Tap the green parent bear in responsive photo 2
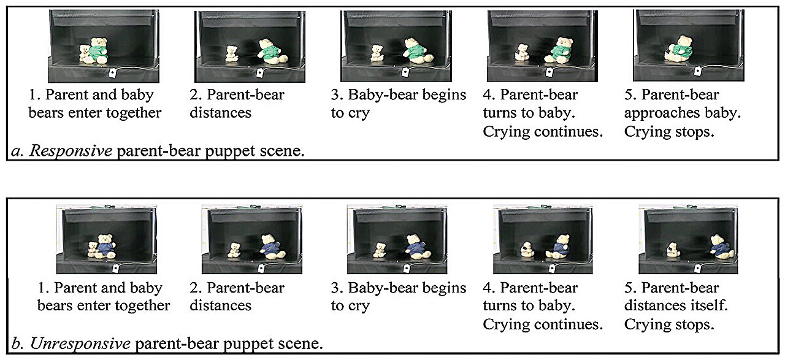click(270, 52)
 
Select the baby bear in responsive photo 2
click(232, 53)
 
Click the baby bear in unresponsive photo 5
click(673, 250)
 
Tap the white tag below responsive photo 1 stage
click(113, 73)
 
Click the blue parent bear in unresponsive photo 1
click(106, 247)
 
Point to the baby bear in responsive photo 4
click(522, 53)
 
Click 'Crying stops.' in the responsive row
click(669, 132)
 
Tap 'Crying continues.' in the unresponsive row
click(543, 324)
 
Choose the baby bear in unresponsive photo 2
click(234, 250)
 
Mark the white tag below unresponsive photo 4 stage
click(552, 268)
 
